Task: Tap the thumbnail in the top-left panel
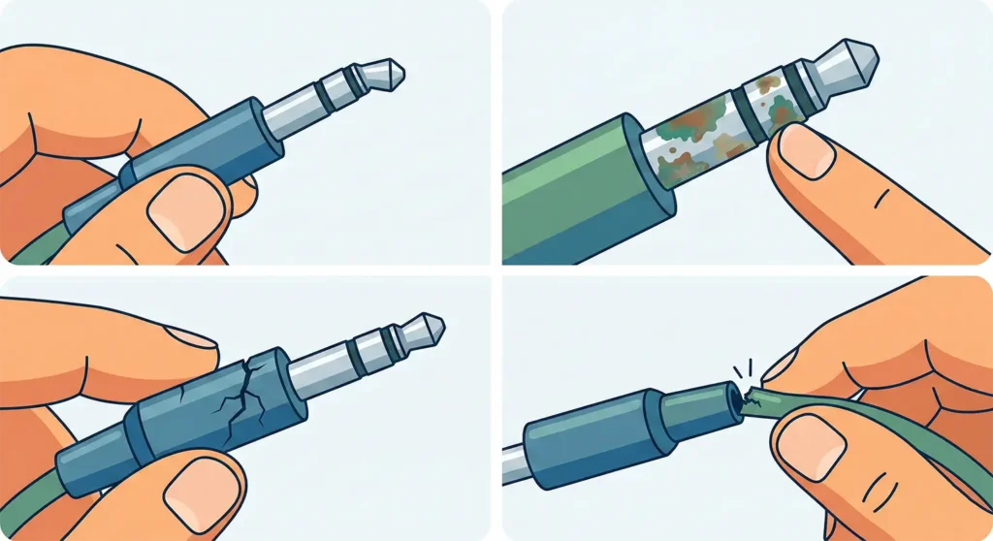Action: click(183, 211)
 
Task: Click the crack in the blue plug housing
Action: click(242, 388)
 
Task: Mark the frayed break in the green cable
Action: click(751, 396)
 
